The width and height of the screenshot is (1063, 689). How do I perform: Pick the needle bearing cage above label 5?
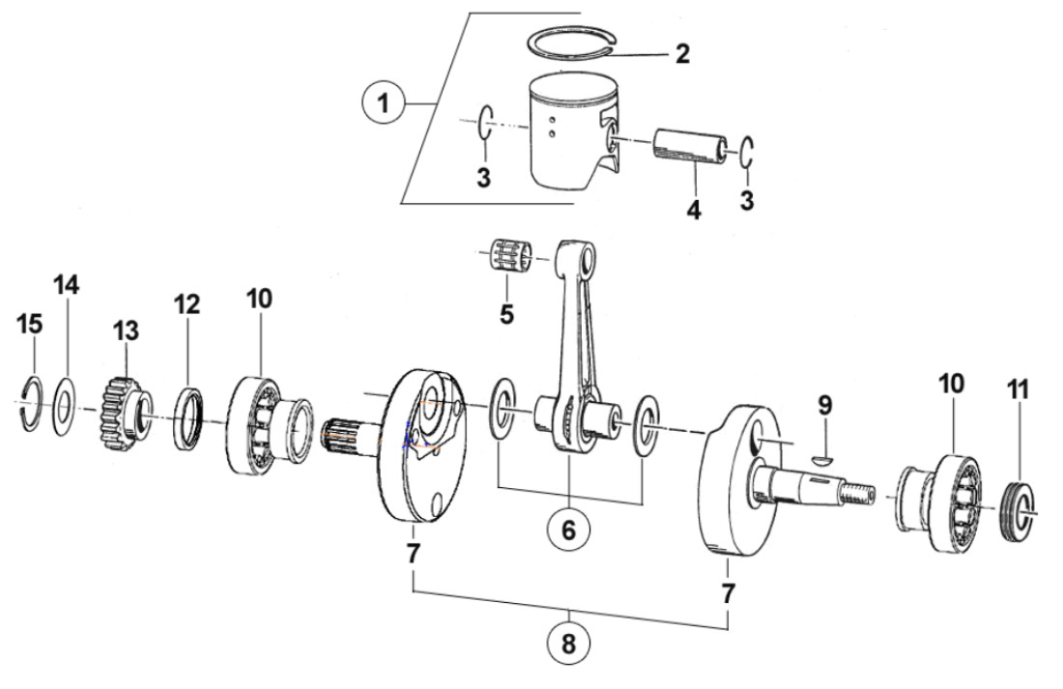pos(511,258)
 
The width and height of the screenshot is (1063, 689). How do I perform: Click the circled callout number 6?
pos(568,530)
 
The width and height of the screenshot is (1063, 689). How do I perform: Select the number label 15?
pos(31,326)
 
